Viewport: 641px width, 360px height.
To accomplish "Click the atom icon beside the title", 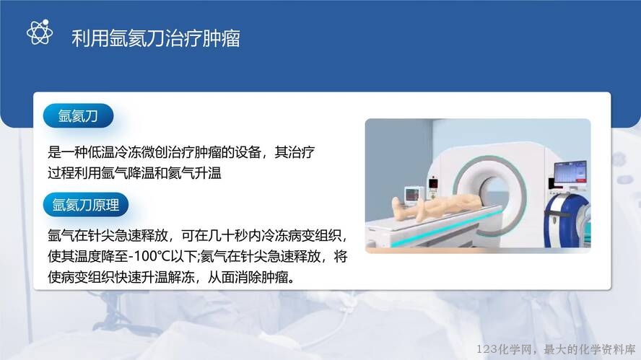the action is point(40,32).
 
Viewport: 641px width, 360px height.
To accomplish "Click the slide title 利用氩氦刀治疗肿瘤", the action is point(156,38).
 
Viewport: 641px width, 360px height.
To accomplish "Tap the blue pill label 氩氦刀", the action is point(78,115).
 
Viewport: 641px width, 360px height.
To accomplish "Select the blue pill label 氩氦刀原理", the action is point(86,205).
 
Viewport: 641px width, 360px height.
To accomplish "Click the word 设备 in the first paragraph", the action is point(248,152).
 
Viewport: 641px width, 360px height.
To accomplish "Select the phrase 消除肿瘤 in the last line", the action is point(261,278).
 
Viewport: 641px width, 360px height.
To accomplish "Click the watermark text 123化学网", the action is point(504,349).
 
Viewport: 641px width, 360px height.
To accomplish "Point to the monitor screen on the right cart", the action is point(570,172).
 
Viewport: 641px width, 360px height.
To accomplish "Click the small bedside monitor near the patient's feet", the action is point(412,195).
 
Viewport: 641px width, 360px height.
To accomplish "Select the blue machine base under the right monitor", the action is point(566,221).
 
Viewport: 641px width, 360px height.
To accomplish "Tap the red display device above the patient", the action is point(433,183).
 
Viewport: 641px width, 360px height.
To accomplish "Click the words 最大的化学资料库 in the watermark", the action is point(590,349).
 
